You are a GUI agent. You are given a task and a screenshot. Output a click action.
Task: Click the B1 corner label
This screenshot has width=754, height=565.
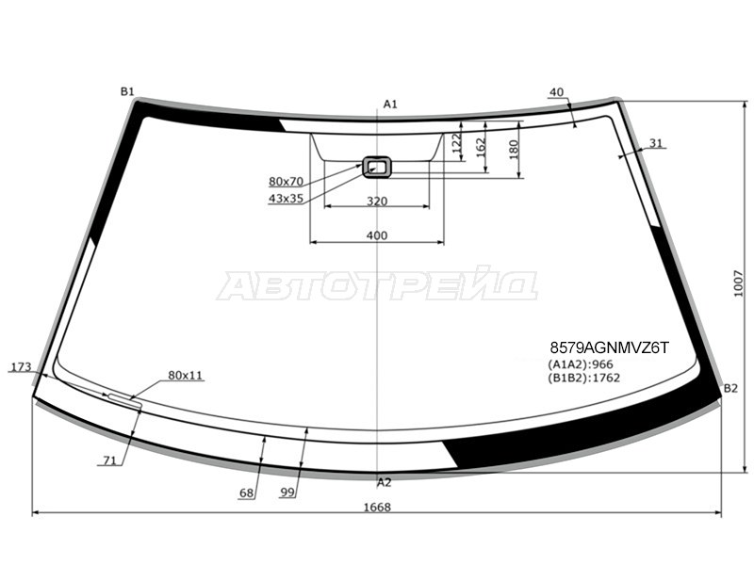[x=127, y=91]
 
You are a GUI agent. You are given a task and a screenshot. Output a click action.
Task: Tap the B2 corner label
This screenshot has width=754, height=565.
[x=730, y=389]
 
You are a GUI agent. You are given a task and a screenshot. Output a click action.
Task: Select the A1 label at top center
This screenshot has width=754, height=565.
[x=390, y=105]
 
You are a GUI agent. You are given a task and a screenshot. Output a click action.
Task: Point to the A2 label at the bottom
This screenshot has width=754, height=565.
[x=385, y=483]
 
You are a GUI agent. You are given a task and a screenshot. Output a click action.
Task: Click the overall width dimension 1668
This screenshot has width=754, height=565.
[x=377, y=508]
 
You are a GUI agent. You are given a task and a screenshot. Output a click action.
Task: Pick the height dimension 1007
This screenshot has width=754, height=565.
[x=739, y=284]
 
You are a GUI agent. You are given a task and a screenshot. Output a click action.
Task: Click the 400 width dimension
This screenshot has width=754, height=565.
[x=376, y=235]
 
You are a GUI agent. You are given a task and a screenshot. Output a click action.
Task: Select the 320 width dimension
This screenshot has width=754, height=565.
[x=376, y=202]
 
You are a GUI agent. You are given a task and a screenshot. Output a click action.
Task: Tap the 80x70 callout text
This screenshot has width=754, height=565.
[x=287, y=182]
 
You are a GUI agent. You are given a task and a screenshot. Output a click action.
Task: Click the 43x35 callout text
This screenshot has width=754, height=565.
[x=287, y=199]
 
